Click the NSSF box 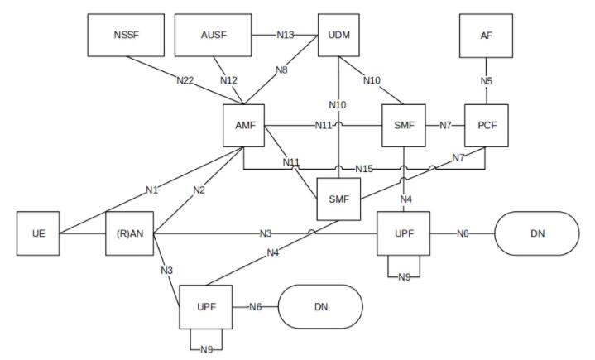tap(126, 36)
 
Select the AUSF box tap(214, 36)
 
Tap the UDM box tap(338, 36)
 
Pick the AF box tap(486, 36)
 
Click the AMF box tap(243, 126)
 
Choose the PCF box tap(487, 126)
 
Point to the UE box tap(38, 233)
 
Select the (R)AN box tap(130, 233)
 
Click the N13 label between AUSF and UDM tap(286, 36)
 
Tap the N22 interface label tap(185, 80)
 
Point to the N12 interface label tap(228, 80)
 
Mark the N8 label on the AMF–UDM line tap(281, 70)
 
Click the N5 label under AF tap(487, 81)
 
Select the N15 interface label tap(364, 169)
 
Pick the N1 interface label tap(151, 190)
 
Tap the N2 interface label tap(199, 190)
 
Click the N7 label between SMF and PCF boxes tap(445, 125)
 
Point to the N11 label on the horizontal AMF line tap(324, 125)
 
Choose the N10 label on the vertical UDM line tap(338, 105)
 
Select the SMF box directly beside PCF tap(404, 126)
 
